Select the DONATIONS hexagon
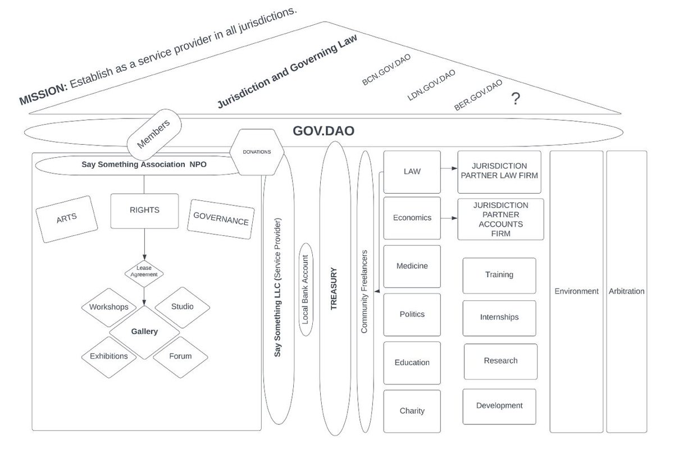pos(256,152)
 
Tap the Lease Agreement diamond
pos(144,271)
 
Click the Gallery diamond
pos(144,331)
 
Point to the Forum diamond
pos(180,356)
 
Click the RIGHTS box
pos(144,210)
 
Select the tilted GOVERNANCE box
pos(220,220)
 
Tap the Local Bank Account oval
pos(306,289)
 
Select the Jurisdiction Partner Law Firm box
pos(499,171)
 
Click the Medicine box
pos(412,266)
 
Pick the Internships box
pos(499,317)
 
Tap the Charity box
pos(412,410)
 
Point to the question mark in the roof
pos(514,100)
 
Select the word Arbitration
pos(627,291)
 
